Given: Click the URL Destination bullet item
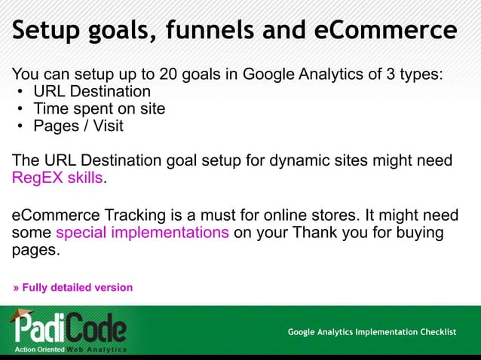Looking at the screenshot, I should pos(92,92).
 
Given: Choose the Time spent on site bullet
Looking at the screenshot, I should pos(99,108).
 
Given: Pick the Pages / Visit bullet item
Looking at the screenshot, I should pos(78,126).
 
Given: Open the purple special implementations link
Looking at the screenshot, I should pos(142,232).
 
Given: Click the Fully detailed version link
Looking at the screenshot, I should pos(72,288).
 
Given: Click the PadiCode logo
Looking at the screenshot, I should pos(68,328).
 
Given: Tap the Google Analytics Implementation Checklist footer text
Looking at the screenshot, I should pos(372,332).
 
